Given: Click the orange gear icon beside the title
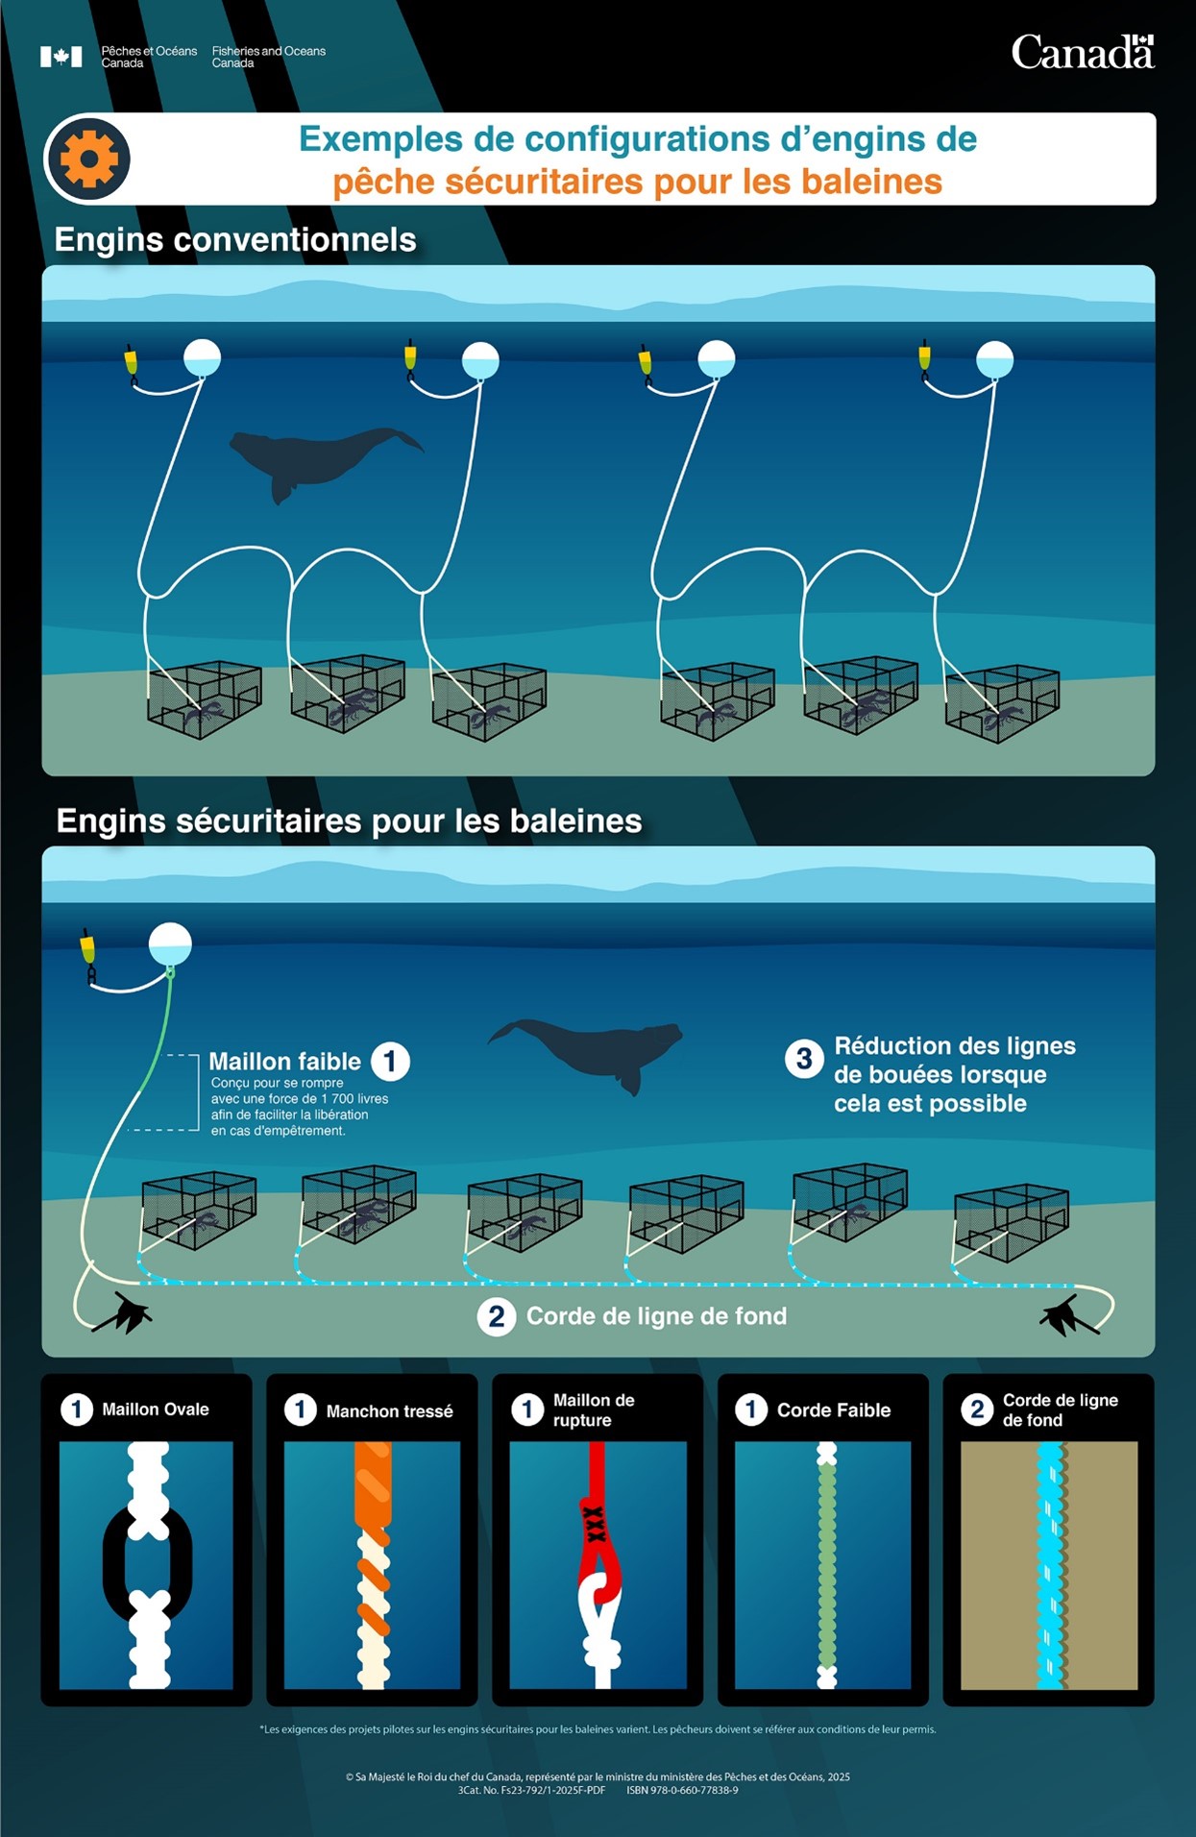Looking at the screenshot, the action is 88,159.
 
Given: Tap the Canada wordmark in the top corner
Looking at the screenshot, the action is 1083,52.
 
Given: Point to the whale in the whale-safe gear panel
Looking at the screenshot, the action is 585,1053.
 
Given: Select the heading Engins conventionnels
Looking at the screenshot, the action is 235,239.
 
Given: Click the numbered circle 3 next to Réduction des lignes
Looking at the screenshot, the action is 804,1059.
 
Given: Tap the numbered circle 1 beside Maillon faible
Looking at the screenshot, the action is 390,1061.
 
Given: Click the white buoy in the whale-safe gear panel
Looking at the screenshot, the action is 170,944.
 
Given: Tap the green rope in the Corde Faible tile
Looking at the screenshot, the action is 826,1566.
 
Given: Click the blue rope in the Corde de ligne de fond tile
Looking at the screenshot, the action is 1050,1565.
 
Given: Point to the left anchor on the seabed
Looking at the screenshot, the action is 123,1312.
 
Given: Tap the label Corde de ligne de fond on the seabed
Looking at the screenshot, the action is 656,1315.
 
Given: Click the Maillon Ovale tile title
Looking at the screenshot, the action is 156,1409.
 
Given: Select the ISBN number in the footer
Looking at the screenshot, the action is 682,1790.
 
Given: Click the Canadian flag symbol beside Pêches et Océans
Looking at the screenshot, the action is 61,57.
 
